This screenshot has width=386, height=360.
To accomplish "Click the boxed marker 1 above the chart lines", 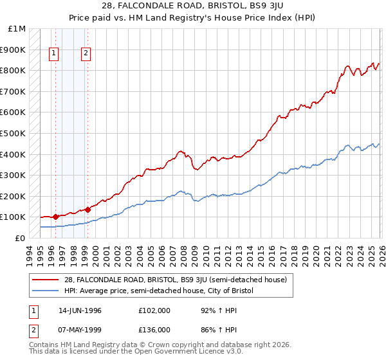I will [x=53, y=54].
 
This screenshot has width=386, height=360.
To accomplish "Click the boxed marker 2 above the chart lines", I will [x=86, y=54].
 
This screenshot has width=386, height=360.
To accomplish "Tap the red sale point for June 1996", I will [x=56, y=217].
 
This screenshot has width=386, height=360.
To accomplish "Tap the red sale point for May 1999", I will [x=87, y=210].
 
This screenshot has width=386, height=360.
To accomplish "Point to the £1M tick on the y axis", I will [x=17, y=29].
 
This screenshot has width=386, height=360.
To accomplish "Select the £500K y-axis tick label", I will [x=13, y=134].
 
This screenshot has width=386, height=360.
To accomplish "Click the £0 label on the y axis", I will [x=19, y=238].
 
